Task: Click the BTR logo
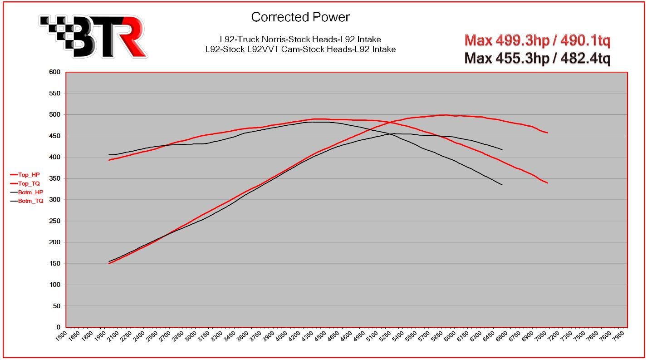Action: [93, 36]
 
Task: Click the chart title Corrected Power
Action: [300, 17]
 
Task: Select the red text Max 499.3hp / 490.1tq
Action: [537, 41]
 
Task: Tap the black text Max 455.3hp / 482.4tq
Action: [537, 59]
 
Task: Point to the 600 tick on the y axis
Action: [55, 72]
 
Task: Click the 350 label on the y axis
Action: [55, 178]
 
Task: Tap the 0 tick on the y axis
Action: [59, 327]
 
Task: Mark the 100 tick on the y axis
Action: [55, 285]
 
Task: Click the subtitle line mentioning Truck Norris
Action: [300, 39]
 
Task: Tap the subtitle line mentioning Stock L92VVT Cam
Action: [300, 49]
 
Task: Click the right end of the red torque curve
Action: [548, 183]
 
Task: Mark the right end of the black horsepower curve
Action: [502, 149]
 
